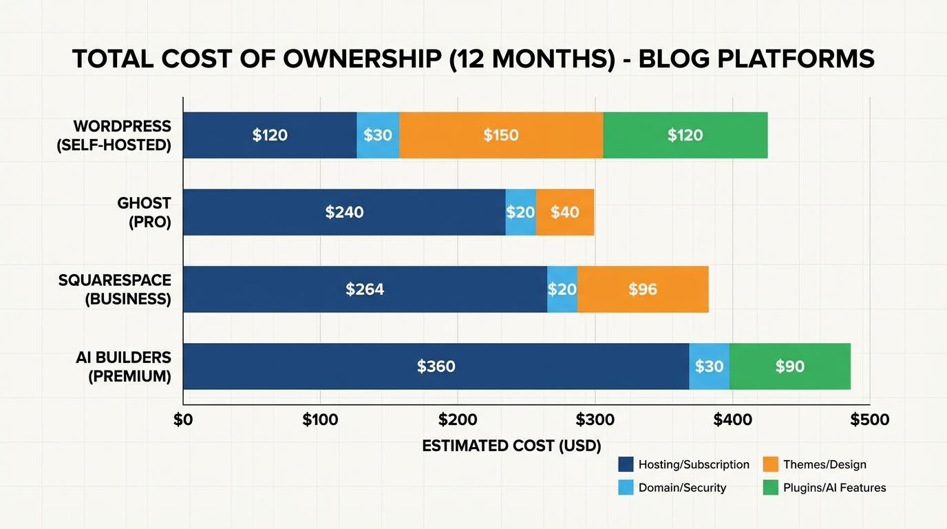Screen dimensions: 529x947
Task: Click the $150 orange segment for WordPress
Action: (x=501, y=135)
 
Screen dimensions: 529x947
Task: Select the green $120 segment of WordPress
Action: (x=685, y=135)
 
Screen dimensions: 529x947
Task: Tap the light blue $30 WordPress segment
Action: (x=378, y=135)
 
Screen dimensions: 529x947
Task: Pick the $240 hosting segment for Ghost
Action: (x=344, y=212)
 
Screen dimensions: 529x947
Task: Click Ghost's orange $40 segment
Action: (x=565, y=212)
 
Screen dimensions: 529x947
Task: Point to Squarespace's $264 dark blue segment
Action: (x=365, y=289)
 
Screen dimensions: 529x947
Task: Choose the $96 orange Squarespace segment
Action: (x=643, y=289)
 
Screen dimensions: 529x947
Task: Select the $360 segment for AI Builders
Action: (x=436, y=366)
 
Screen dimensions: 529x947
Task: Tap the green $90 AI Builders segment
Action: (x=790, y=366)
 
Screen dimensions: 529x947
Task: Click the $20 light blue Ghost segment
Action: (x=520, y=212)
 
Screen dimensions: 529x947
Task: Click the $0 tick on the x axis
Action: (x=183, y=419)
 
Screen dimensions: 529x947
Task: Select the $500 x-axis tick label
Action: (x=869, y=419)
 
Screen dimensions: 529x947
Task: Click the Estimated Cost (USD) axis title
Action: (x=511, y=446)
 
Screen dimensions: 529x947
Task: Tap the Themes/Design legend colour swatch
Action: (x=771, y=465)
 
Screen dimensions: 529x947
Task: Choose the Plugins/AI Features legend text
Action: (x=834, y=488)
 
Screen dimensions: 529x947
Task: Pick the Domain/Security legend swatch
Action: (x=626, y=488)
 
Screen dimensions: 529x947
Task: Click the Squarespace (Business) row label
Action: (x=114, y=290)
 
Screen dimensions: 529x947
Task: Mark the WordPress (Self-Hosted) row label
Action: (x=122, y=136)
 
